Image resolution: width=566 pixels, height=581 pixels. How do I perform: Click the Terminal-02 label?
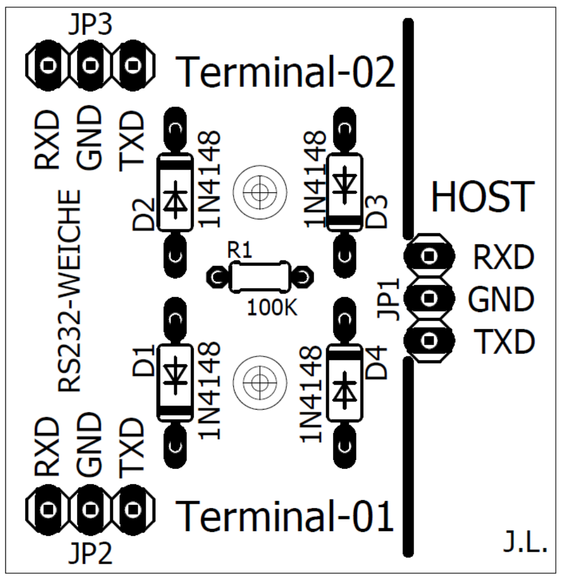(285, 72)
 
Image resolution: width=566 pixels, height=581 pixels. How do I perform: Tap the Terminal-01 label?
(284, 516)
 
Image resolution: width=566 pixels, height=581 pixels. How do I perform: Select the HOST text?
(483, 196)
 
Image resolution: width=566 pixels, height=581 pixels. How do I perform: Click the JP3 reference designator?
(90, 25)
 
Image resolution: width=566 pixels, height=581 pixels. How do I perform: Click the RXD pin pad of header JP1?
(429, 256)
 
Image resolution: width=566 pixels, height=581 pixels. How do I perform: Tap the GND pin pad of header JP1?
(429, 298)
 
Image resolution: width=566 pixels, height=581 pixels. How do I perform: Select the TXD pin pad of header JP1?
(429, 340)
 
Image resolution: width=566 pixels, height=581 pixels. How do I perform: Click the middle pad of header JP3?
(90, 65)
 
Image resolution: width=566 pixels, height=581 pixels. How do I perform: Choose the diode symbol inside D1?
(175, 374)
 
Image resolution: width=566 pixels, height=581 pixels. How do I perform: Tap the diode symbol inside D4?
(344, 390)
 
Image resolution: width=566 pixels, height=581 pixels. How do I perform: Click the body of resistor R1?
(260, 277)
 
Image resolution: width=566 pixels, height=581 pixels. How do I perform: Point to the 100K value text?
(272, 307)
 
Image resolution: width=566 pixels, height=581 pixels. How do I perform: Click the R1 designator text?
(240, 250)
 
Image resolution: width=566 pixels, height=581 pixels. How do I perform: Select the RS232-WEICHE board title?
(69, 291)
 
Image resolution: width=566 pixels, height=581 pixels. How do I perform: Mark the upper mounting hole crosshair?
(260, 192)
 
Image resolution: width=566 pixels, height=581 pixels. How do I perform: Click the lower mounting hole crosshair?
(260, 382)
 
